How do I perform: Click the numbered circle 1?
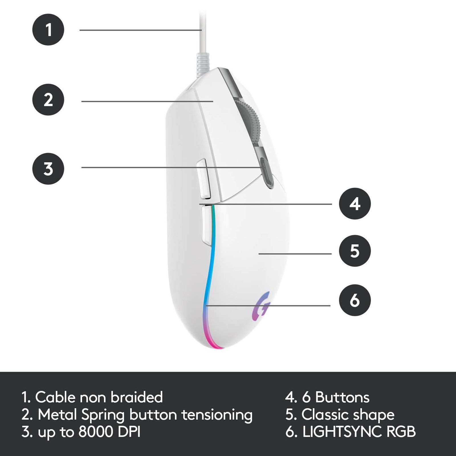[48, 30]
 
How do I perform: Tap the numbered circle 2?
[48, 99]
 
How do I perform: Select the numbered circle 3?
[48, 169]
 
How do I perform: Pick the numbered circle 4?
[355, 203]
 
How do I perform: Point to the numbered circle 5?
[355, 251]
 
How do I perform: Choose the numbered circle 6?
[355, 300]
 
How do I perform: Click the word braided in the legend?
[137, 397]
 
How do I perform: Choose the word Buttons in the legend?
[342, 397]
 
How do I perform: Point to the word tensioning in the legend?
[217, 415]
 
